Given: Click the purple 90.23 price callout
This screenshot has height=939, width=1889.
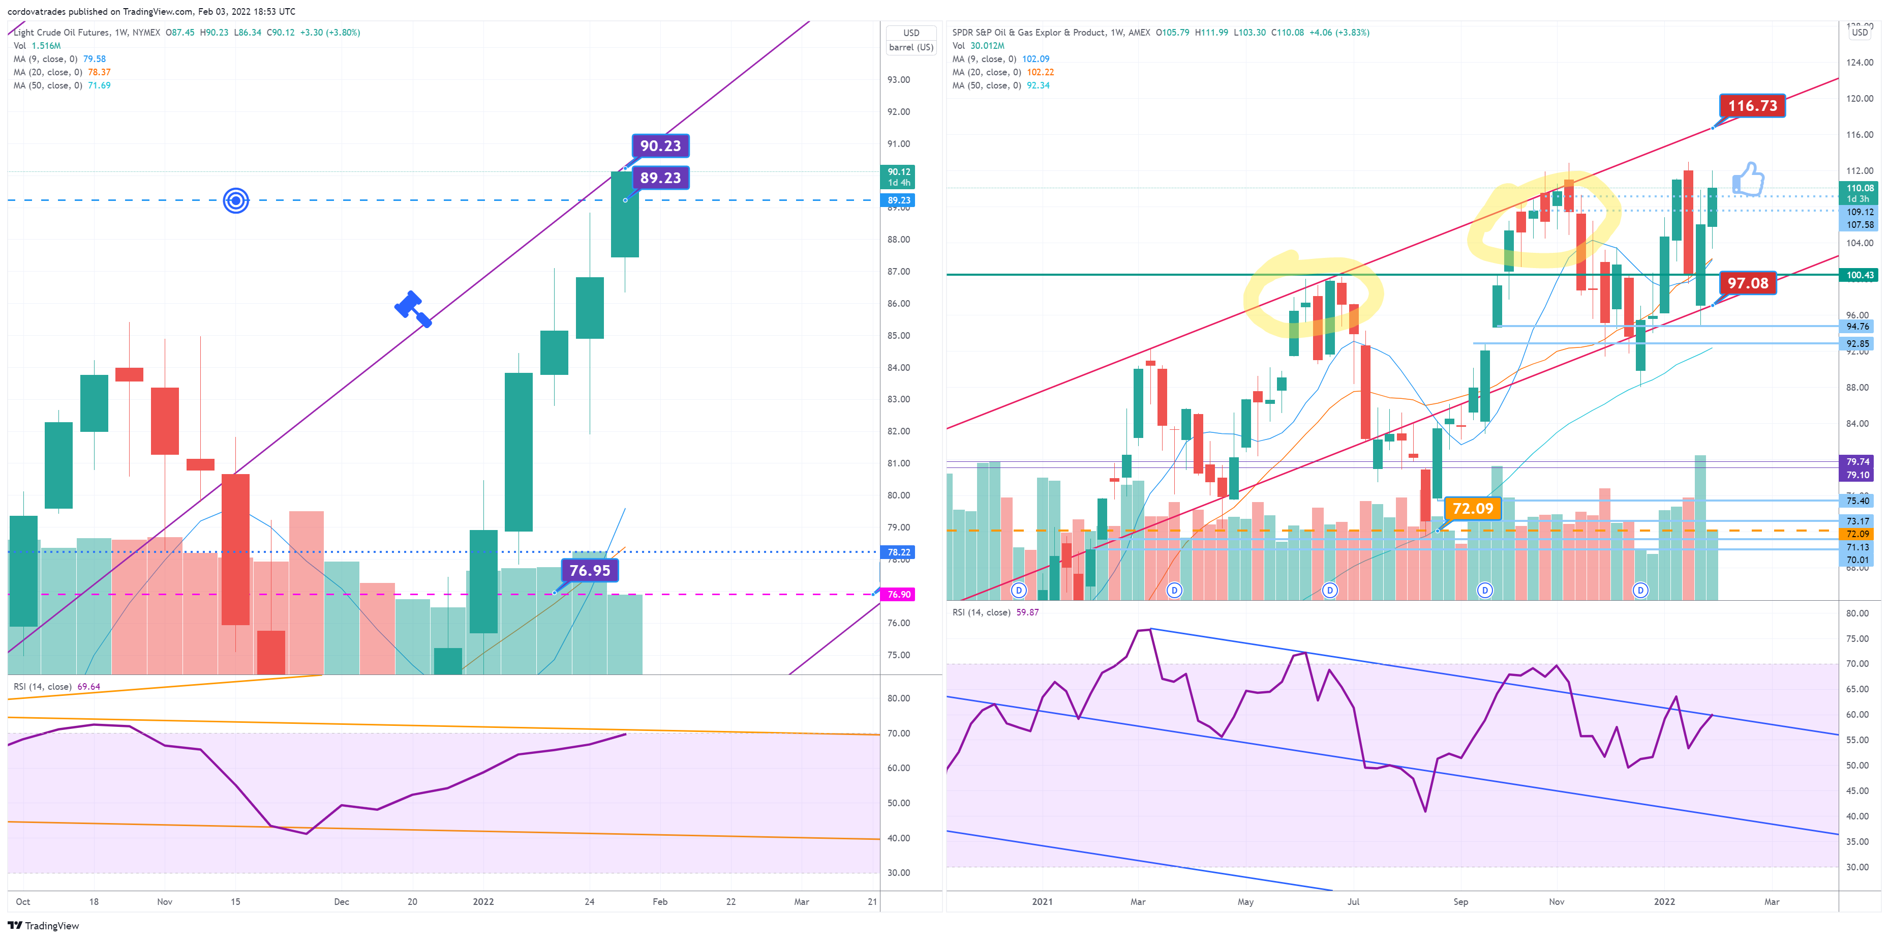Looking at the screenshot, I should [x=660, y=145].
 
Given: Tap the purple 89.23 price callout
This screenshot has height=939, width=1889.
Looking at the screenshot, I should [x=660, y=178].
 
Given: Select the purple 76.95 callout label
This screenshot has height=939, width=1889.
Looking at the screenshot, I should [x=590, y=570].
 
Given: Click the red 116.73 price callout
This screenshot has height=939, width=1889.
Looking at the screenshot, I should [x=1752, y=106].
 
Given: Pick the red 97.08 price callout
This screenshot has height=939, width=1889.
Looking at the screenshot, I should [x=1748, y=283].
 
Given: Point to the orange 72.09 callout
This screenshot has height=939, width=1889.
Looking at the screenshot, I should [x=1473, y=508].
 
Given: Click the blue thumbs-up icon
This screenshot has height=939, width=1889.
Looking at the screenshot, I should [x=1748, y=179].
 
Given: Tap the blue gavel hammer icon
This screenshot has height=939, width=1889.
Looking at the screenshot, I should [x=413, y=308].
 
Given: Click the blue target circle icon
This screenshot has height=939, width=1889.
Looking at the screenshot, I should [x=236, y=200].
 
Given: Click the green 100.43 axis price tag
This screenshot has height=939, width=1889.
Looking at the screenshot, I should [x=1860, y=275].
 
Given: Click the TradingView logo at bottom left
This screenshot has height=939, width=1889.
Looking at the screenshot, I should [x=43, y=926].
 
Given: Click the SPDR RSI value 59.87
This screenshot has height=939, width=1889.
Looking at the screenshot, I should [x=1027, y=612].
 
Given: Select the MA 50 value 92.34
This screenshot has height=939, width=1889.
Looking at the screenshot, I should [x=1038, y=85].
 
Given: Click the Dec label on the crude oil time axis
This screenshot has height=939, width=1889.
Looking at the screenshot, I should [x=342, y=901].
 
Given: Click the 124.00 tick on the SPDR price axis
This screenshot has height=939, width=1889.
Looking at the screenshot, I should [x=1859, y=63].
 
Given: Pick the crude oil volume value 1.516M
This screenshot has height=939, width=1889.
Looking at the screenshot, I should [x=46, y=45].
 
